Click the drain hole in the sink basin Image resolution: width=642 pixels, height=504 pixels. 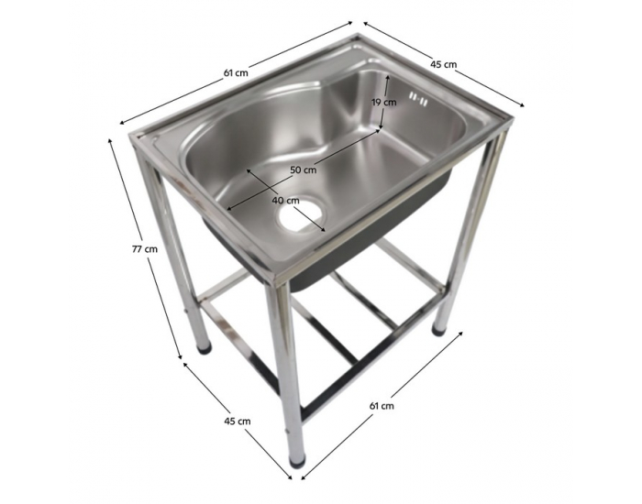298,217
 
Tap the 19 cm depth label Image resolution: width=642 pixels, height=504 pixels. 383,103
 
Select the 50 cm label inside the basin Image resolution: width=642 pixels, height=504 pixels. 304,170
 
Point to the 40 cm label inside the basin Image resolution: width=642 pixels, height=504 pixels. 285,200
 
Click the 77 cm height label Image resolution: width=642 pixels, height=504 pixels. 144,247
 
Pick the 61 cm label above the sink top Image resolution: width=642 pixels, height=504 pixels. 236,72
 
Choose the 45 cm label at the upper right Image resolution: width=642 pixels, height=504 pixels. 444,64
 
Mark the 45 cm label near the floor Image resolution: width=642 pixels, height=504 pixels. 237,421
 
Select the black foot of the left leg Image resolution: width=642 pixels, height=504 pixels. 203,347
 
